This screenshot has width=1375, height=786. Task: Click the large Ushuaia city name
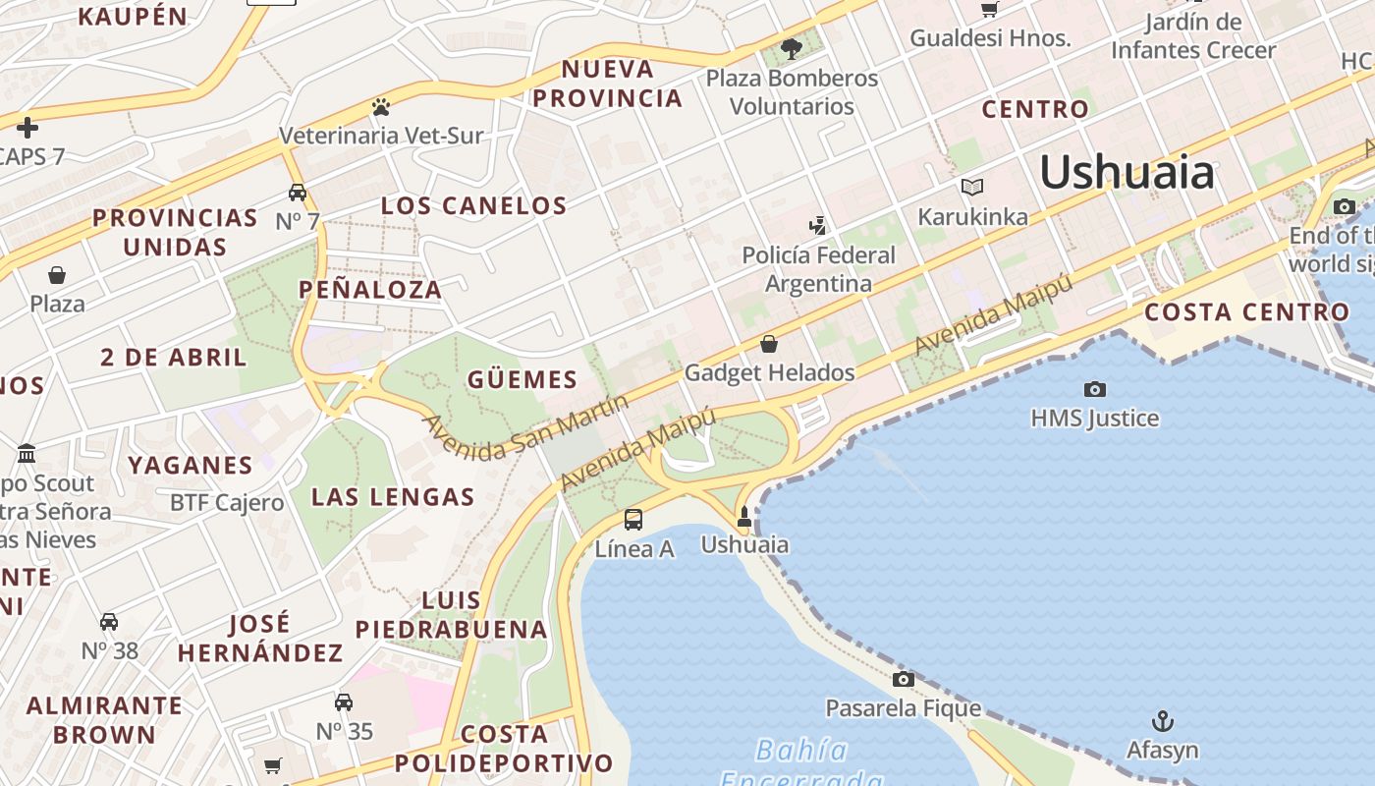(1127, 173)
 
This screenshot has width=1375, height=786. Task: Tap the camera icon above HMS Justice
(1094, 389)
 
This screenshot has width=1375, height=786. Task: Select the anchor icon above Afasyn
(1163, 721)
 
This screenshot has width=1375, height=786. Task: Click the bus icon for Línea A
(633, 520)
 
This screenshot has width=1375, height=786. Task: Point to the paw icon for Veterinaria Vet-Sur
(381, 106)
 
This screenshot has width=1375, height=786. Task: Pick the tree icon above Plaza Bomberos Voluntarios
(792, 48)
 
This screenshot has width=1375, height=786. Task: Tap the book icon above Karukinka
(972, 187)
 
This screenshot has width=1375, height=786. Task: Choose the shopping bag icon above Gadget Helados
(769, 344)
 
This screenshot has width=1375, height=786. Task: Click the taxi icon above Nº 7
(298, 192)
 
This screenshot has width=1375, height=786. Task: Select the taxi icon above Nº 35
(344, 702)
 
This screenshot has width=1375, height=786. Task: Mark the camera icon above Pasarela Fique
(903, 679)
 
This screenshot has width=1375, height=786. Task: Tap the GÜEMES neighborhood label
(522, 379)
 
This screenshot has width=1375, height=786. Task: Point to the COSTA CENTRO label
(1247, 312)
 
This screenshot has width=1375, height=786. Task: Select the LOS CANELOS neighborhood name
(473, 205)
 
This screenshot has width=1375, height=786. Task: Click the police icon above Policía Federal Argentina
(817, 226)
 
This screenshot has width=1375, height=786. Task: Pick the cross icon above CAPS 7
(27, 127)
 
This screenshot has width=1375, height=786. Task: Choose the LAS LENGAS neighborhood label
(393, 497)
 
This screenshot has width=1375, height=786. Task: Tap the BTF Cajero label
(227, 503)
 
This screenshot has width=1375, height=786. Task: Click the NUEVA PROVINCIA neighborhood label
(608, 84)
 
